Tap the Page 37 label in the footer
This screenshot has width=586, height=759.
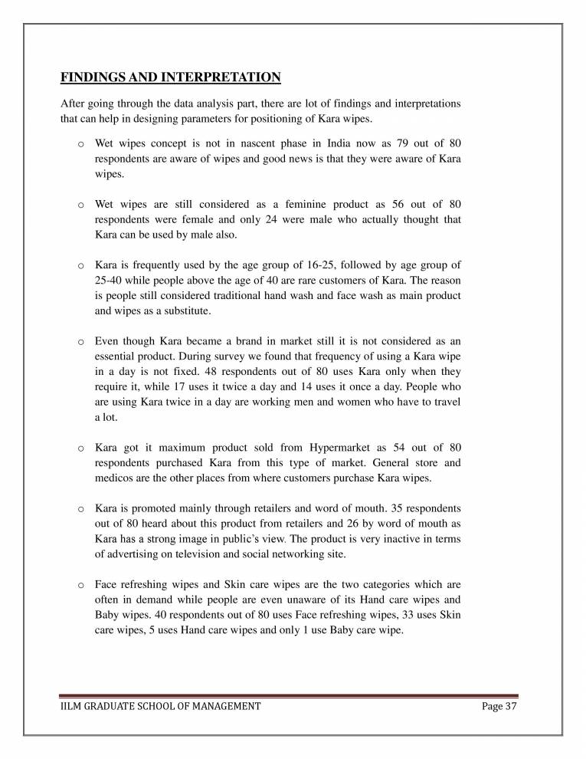pos(499,706)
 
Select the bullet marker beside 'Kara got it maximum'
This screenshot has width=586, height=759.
pos(80,448)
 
